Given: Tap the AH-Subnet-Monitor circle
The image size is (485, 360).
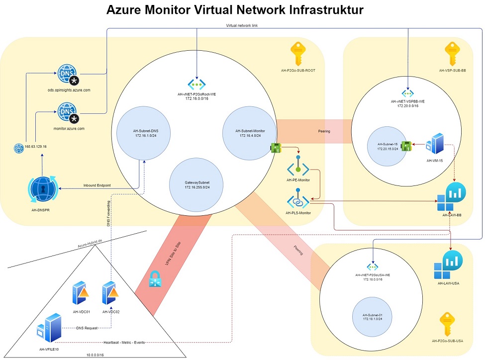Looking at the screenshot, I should click(250, 133).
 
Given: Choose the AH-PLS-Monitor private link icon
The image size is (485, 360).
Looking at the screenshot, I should click(298, 201).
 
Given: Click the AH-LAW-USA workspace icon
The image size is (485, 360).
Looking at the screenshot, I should click(448, 265).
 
